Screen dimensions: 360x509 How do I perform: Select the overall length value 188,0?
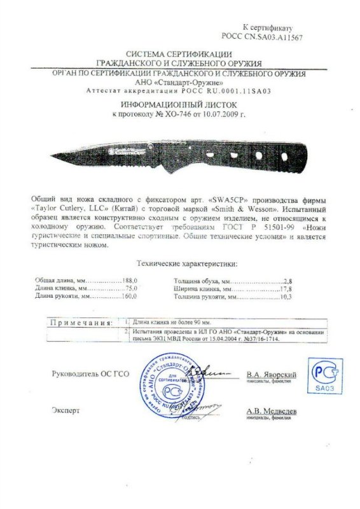coord(130,280)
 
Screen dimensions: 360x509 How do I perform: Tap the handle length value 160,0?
coord(130,296)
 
